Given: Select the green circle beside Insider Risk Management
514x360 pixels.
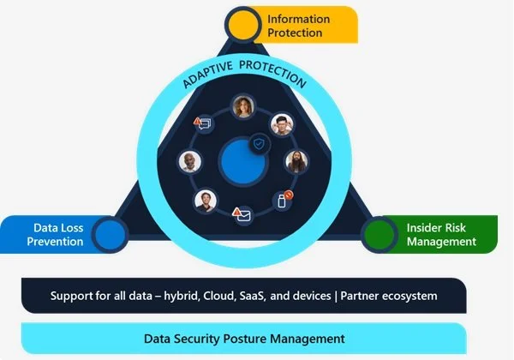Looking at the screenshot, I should tap(377, 232).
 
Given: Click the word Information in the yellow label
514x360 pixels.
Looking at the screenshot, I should tap(298, 18).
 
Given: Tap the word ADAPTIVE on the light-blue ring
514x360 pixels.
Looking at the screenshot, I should tap(205, 80).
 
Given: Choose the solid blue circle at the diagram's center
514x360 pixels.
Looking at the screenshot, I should tap(242, 160).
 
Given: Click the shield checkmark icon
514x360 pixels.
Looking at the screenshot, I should tap(259, 145).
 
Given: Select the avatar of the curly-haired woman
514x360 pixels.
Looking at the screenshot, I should tap(243, 107).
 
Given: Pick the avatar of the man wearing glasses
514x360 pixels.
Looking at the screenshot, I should tap(283, 124).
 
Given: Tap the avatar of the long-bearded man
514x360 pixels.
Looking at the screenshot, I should tap(296, 162).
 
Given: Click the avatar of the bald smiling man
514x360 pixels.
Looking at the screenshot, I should tap(189, 162).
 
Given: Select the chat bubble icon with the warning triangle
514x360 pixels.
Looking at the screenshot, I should tap(204, 124).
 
